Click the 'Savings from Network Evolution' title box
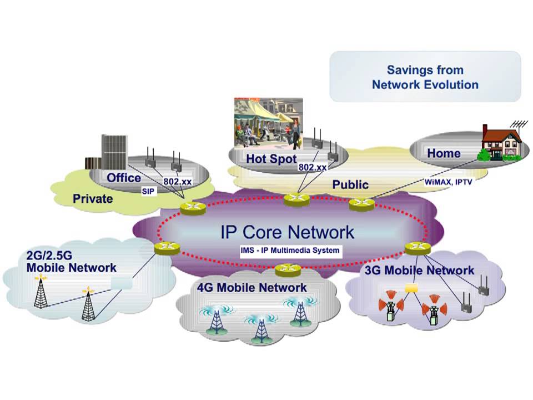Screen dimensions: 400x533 (x=425, y=77)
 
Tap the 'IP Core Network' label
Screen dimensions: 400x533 (x=287, y=232)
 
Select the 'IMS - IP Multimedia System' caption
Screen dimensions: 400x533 (x=290, y=251)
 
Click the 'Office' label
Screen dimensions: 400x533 (x=124, y=178)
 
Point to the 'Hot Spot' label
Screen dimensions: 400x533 (x=271, y=159)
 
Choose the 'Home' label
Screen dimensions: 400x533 (x=443, y=153)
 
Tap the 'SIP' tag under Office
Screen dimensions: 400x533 (x=147, y=191)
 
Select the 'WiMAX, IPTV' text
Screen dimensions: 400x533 (x=448, y=182)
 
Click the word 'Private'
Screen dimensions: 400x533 (x=93, y=198)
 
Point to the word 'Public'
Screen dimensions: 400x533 (x=350, y=184)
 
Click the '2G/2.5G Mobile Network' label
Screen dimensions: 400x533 (x=71, y=262)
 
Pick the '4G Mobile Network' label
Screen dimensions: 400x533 (x=252, y=288)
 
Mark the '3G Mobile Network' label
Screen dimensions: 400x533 (x=419, y=271)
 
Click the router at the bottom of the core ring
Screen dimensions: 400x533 (x=288, y=269)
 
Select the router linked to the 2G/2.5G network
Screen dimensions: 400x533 (x=167, y=248)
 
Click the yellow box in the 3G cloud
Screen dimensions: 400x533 (x=411, y=288)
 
